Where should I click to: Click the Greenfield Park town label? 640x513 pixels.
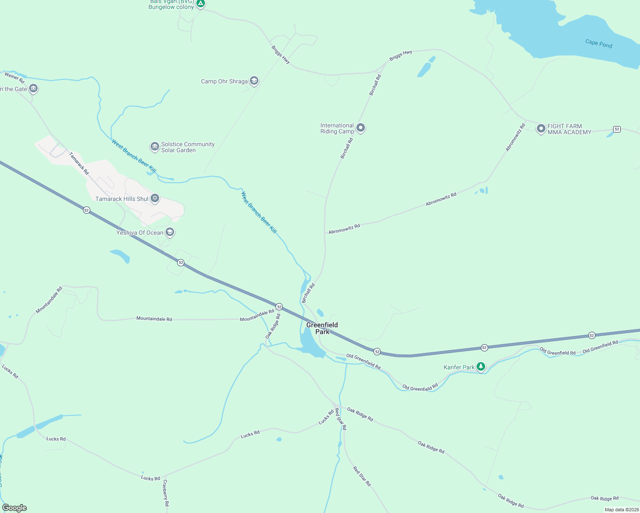(322, 328)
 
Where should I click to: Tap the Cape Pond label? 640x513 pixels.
(599, 44)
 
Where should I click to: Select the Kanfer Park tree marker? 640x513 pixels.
(481, 366)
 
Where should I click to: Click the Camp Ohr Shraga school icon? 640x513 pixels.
(254, 81)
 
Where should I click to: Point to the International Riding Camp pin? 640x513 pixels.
(361, 127)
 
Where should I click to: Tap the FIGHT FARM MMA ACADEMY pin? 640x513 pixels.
(541, 128)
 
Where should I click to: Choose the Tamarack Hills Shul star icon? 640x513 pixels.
(155, 198)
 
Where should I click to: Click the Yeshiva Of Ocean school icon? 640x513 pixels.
(170, 232)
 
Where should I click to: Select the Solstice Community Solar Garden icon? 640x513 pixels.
(154, 147)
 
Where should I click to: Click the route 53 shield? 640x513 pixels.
(616, 129)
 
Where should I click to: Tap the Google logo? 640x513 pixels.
(15, 508)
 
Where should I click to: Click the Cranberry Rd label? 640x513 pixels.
(166, 492)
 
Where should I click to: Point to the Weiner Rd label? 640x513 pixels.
(15, 77)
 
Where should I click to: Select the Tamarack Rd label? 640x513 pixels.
(79, 163)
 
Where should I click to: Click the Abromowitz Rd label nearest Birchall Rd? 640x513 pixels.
(344, 229)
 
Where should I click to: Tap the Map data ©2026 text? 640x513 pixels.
(621, 510)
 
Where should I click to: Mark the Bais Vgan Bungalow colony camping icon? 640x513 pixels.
(201, 3)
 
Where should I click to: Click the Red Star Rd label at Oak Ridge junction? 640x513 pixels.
(341, 419)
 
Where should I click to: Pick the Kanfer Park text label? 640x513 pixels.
(459, 367)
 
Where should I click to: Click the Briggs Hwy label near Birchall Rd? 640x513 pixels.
(400, 55)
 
